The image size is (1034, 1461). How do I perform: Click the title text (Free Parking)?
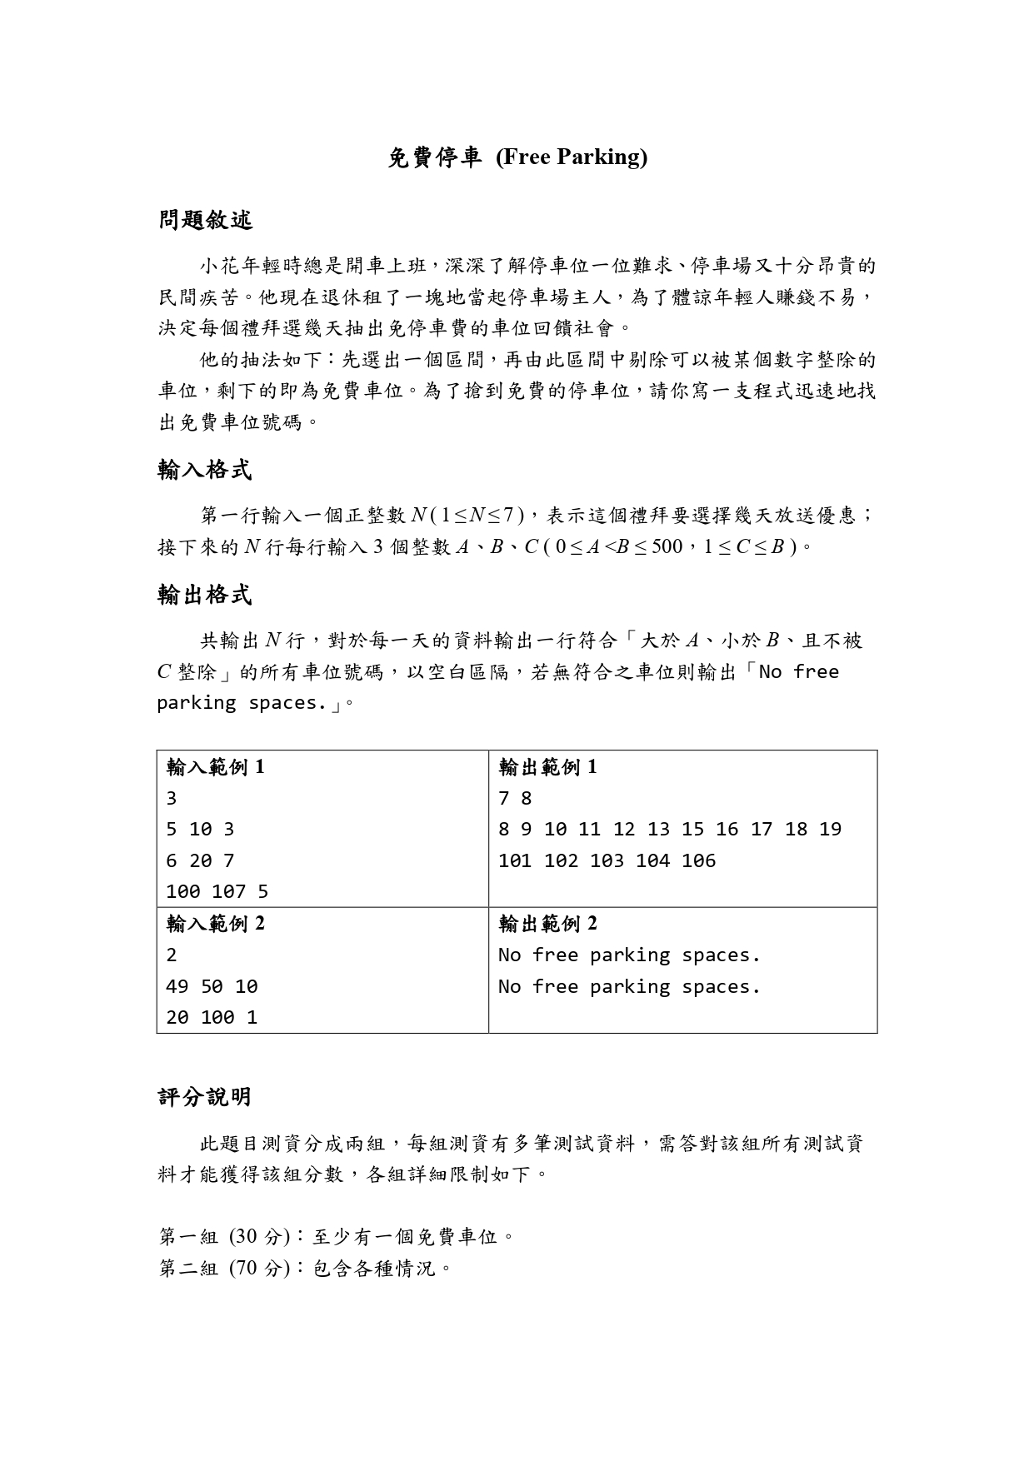click(572, 157)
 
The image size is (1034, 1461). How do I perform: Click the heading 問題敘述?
click(205, 221)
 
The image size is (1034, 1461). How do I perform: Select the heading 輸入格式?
click(205, 471)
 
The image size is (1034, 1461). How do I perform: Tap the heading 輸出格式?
click(205, 596)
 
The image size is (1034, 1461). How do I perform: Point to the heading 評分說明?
click(205, 1097)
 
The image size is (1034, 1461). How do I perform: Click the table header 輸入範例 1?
click(216, 767)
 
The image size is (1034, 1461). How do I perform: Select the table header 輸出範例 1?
click(547, 767)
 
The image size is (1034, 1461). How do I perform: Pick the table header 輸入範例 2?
click(216, 924)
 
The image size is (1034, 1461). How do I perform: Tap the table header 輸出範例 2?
click(547, 924)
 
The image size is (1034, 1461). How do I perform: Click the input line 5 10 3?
click(200, 830)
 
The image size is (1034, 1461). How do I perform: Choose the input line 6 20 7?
click(200, 860)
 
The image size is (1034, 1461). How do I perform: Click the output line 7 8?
click(515, 799)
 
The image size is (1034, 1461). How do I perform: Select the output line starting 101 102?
click(607, 860)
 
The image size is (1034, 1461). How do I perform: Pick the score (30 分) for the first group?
click(259, 1237)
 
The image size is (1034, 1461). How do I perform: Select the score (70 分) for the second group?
click(259, 1269)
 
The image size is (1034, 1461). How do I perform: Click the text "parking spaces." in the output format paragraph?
click(242, 703)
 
